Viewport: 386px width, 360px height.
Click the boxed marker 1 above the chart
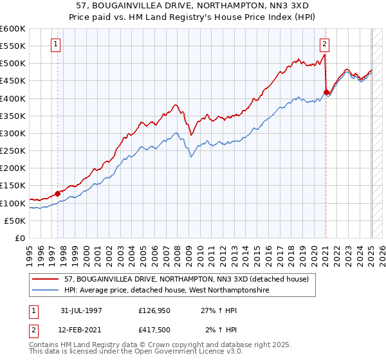tap(57, 44)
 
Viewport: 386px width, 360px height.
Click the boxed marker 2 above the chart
tap(325, 44)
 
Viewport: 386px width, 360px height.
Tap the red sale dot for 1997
tap(57, 193)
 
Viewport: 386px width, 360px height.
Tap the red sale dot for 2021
tap(326, 92)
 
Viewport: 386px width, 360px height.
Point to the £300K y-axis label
tap(13, 134)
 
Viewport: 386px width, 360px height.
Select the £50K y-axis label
tap(15, 221)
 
